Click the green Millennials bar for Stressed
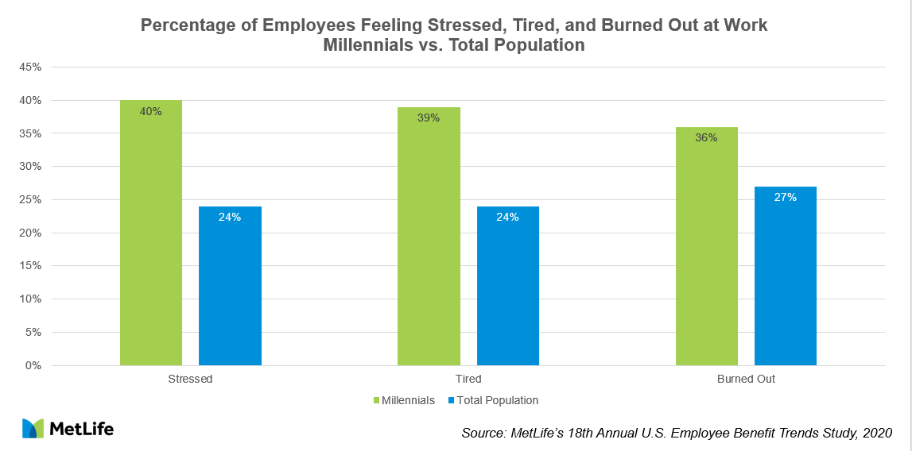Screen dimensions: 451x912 point(151,238)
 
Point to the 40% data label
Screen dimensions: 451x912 point(151,111)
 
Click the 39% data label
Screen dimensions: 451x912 point(429,118)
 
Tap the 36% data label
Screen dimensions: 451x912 point(706,137)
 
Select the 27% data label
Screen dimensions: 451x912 point(785,197)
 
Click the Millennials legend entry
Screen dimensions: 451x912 point(404,400)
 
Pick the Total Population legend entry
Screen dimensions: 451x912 point(493,400)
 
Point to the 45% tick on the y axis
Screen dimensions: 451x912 point(30,67)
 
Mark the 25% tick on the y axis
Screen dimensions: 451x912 point(30,200)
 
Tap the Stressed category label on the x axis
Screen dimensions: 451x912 point(191,379)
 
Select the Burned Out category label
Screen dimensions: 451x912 point(746,379)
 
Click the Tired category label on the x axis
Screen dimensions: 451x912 point(468,379)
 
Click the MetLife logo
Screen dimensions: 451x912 point(68,429)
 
